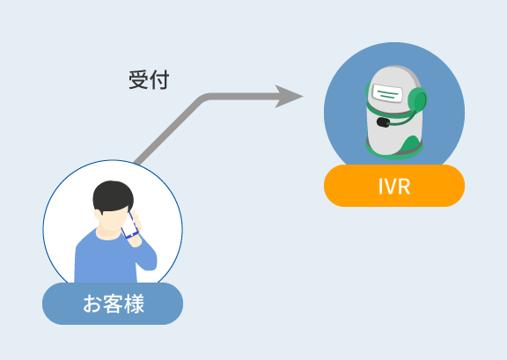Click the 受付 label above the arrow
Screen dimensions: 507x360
pyautogui.click(x=149, y=79)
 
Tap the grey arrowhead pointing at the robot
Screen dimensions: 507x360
pyautogui.click(x=289, y=97)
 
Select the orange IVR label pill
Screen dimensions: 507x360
pyautogui.click(x=394, y=186)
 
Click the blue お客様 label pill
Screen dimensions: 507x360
pyautogui.click(x=113, y=304)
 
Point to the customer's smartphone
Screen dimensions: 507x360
pyautogui.click(x=129, y=225)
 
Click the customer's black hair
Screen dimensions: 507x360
pyautogui.click(x=113, y=196)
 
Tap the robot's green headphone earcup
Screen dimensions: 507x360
pyautogui.click(x=417, y=99)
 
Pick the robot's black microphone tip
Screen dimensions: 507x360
pyautogui.click(x=383, y=122)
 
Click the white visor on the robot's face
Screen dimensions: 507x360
pyautogui.click(x=387, y=92)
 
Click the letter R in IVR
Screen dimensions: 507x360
pyautogui.click(x=403, y=187)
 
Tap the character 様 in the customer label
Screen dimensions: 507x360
pyautogui.click(x=134, y=304)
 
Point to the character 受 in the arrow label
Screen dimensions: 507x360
pyautogui.click(x=139, y=79)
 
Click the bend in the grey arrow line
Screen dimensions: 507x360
pyautogui.click(x=203, y=98)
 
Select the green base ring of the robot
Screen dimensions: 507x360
pyautogui.click(x=394, y=151)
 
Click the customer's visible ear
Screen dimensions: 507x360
pyautogui.click(x=98, y=215)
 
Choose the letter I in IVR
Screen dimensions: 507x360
pyautogui.click(x=381, y=187)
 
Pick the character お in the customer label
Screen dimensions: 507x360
pyautogui.click(x=92, y=304)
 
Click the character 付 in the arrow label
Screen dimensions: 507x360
pyautogui.click(x=159, y=79)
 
